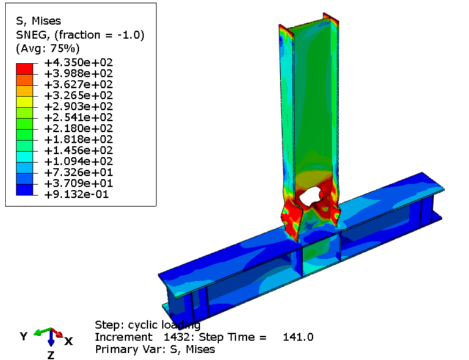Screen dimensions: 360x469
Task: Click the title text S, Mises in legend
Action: pos(38,21)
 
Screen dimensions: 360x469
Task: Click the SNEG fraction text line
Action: pos(79,35)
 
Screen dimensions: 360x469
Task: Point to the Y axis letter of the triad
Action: pos(24,336)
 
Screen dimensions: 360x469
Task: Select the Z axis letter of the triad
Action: pos(51,355)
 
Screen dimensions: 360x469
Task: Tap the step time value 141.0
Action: pos(298,337)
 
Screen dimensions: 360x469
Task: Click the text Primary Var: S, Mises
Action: pos(155,350)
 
